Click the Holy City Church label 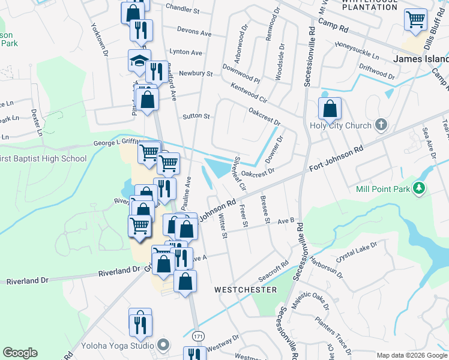340,126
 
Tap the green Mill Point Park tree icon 420,188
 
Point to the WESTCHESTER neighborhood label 246,290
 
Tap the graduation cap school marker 139,61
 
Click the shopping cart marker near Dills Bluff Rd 415,20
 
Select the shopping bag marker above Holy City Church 330,109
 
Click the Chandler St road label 182,10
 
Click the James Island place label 420,59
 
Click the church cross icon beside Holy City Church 379,125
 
